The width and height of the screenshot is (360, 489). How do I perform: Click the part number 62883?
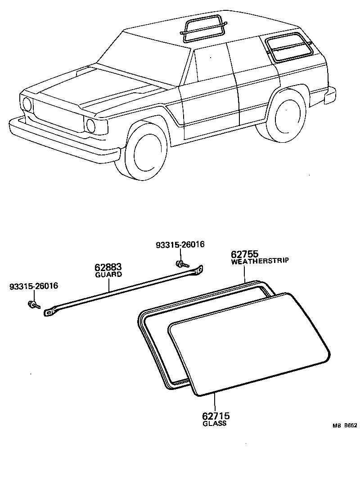coord(108,267)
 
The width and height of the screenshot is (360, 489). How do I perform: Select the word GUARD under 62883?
coord(108,274)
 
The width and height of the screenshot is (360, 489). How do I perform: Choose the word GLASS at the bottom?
coord(215,424)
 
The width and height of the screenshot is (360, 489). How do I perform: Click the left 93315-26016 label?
coord(34,286)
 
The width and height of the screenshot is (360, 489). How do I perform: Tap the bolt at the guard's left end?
coord(32,305)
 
